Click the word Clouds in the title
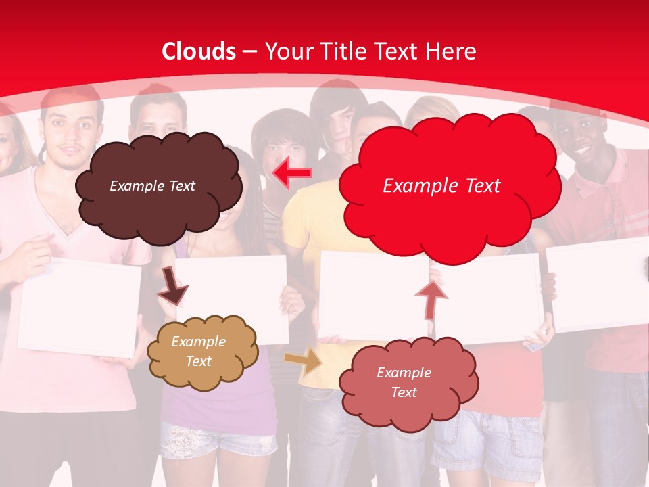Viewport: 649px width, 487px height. point(199,51)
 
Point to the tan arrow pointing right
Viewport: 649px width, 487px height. point(303,362)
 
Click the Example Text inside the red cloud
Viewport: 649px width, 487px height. point(441,186)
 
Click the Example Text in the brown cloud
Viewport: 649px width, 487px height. point(152,186)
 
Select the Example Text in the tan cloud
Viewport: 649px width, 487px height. point(198,352)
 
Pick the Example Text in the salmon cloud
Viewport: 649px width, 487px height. point(404,382)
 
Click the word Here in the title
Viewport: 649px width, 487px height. point(451,51)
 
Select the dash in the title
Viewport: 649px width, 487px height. point(249,52)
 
